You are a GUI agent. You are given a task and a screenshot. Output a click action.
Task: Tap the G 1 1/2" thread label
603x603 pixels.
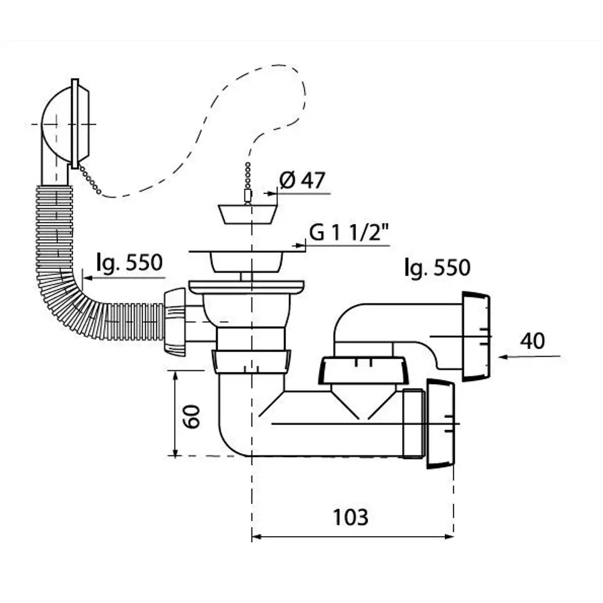pos(349,232)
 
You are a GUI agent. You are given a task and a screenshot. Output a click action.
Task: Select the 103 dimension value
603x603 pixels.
pos(350,517)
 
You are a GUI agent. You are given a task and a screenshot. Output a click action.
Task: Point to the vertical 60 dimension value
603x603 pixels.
pos(192,417)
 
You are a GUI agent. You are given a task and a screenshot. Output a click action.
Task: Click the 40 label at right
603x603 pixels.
pos(532,341)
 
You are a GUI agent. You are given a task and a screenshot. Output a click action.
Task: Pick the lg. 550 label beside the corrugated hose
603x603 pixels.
pos(130,263)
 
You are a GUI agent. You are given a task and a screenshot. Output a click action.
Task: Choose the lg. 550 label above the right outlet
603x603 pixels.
pos(437,267)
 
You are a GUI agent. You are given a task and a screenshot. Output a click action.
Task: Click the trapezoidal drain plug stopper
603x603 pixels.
pos(248,214)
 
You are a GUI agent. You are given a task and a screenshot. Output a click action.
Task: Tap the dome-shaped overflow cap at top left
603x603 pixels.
pos(65,124)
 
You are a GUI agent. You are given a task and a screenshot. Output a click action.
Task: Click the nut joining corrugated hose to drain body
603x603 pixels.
pos(175,321)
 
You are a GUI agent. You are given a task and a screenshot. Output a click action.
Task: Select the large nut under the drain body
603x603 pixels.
pos(251,361)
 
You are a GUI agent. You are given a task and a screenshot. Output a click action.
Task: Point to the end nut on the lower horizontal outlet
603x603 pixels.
pos(440,423)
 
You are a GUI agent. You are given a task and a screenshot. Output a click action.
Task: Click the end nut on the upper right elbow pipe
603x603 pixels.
pos(476,336)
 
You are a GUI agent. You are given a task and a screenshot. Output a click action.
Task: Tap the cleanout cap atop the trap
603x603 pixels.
pos(361,370)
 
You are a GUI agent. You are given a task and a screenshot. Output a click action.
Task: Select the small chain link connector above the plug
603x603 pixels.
pos(248,196)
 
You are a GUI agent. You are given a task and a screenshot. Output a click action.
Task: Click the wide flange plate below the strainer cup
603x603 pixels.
pos(247,287)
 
